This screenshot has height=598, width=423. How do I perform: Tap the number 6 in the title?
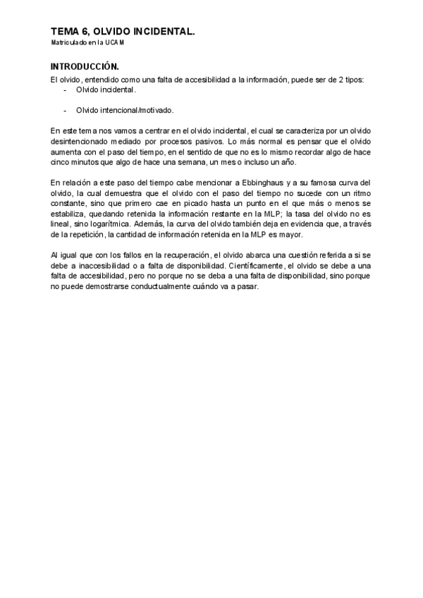pos(87,32)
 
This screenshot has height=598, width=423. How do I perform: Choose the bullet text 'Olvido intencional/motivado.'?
pos(125,110)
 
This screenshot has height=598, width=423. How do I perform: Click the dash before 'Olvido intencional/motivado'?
pos(65,110)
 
